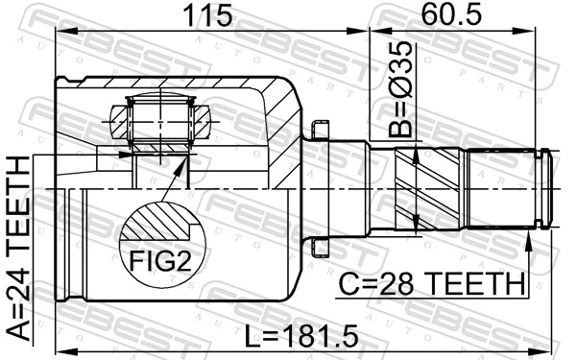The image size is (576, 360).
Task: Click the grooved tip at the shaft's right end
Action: [x=544, y=189]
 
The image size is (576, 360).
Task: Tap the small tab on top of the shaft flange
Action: [x=321, y=127]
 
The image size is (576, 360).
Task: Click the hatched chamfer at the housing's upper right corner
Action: [x=282, y=101]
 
